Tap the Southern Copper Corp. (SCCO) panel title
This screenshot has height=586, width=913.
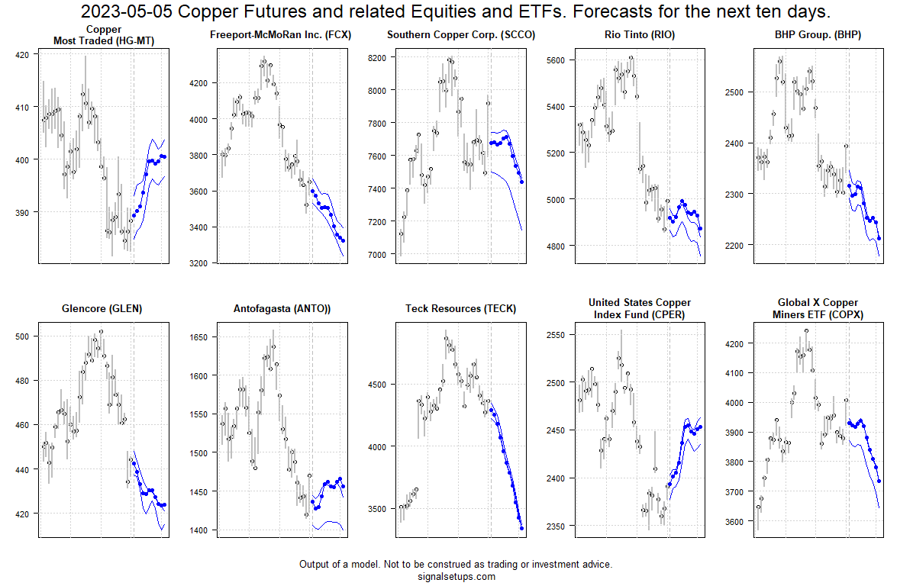point(460,36)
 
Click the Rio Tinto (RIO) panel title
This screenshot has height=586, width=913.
point(639,36)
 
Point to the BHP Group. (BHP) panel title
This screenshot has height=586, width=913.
point(818,36)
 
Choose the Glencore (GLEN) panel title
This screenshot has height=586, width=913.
point(102,309)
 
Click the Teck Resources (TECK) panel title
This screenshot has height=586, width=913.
point(460,309)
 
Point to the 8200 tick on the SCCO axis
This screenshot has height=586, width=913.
point(378,57)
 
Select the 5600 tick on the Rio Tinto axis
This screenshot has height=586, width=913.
point(557,60)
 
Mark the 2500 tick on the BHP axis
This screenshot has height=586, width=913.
point(736,92)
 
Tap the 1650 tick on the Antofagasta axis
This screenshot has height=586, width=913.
point(200,336)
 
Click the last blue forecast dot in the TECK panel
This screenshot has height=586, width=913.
point(522,528)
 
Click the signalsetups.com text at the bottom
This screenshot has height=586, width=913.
point(456,577)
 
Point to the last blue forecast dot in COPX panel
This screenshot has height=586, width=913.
point(879,481)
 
